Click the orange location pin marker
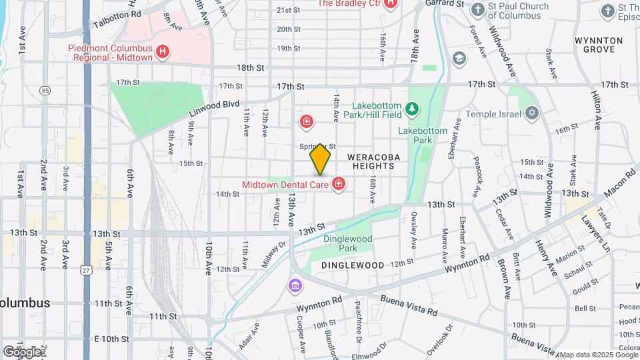321,159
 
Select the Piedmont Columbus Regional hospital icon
161,51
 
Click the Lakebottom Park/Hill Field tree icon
413,107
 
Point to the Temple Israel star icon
531,114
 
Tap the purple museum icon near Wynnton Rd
294,286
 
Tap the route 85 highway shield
45,90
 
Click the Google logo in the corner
22,351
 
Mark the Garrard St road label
450,3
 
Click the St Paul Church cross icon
478,10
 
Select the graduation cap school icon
458,59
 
